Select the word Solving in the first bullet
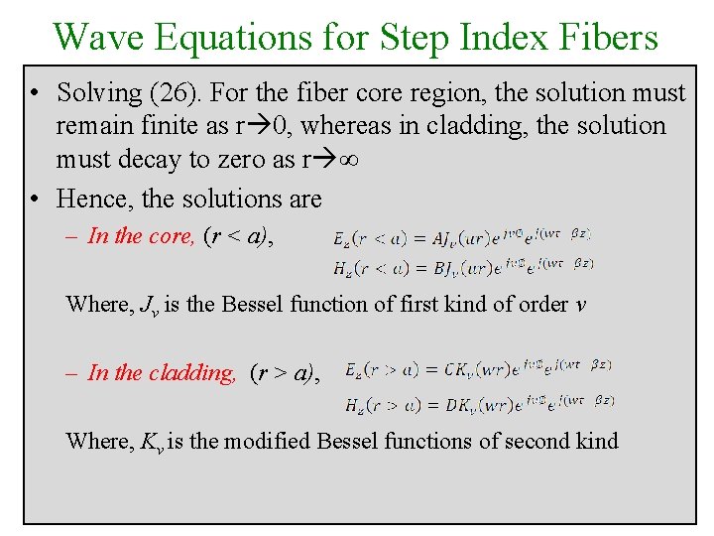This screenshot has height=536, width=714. [99, 92]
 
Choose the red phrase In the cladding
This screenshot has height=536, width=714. [162, 373]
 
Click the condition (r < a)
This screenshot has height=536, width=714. [238, 236]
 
